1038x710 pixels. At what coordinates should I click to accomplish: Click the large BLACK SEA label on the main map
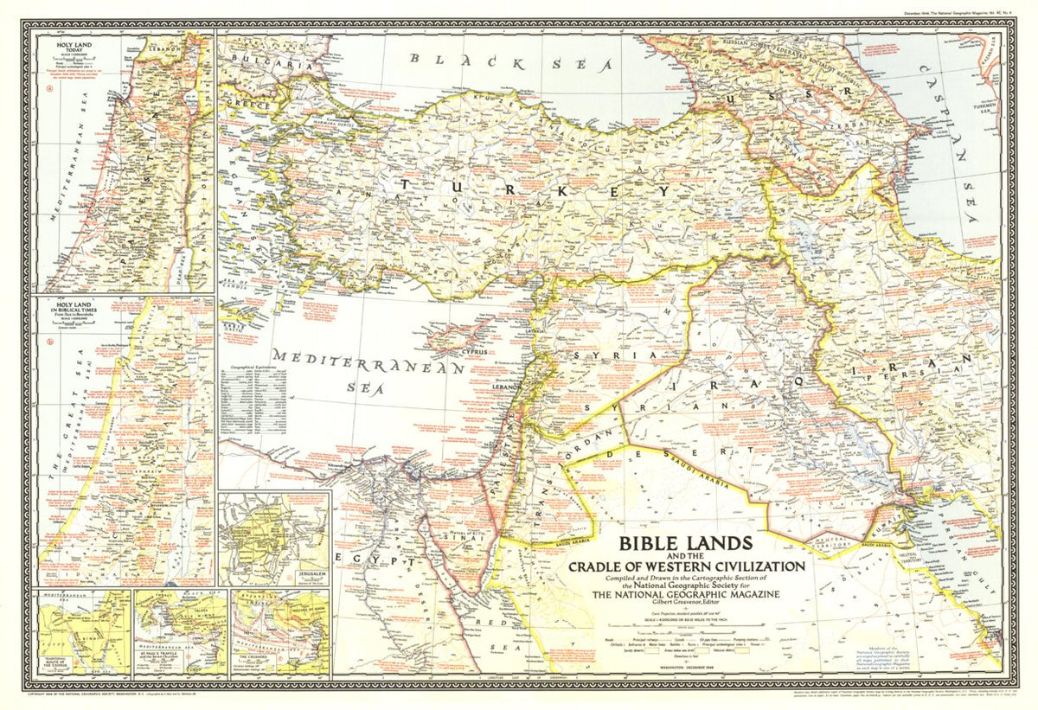510,62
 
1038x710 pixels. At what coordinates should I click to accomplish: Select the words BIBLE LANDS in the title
682,547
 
